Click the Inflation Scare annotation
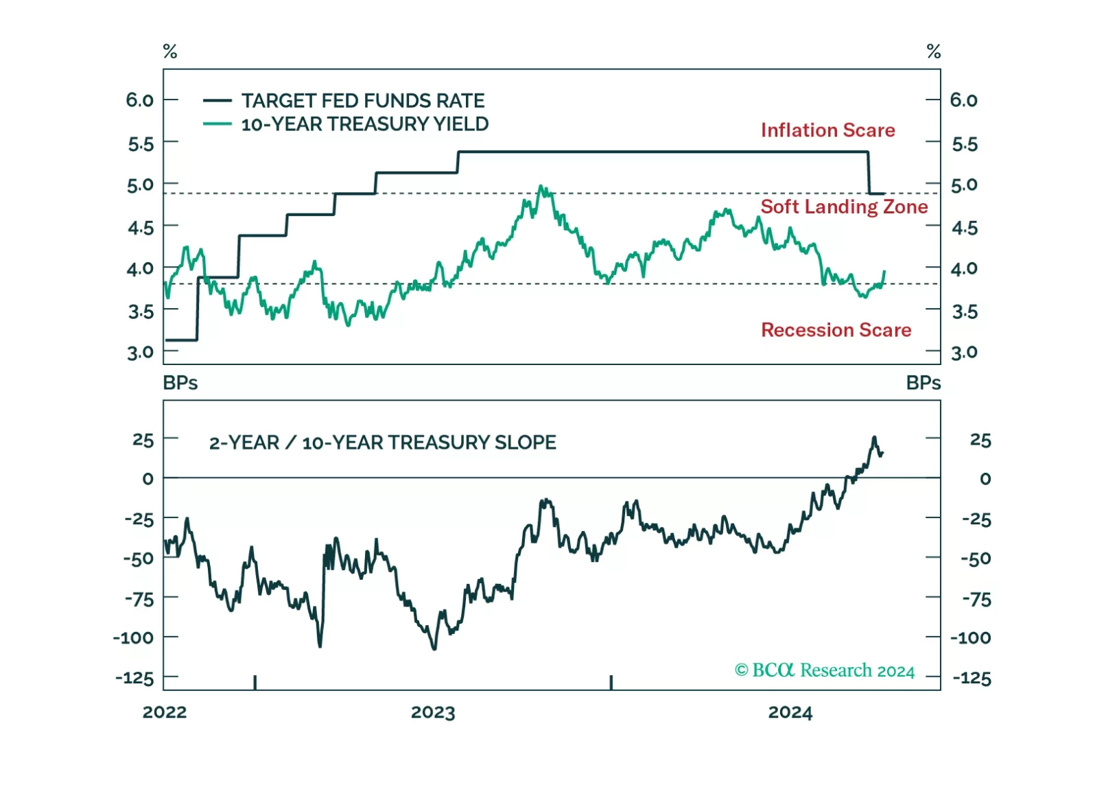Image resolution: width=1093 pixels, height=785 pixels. pos(827,130)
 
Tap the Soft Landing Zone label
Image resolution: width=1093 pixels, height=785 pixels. pos(843,207)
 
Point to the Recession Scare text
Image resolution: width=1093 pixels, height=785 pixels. pos(836,330)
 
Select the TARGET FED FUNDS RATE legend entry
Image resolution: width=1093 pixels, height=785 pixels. pos(362,101)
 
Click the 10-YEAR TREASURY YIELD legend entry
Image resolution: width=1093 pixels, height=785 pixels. pos(364,124)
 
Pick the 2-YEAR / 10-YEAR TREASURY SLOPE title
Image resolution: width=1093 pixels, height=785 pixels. pos(382,443)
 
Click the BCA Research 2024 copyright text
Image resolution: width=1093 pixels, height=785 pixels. pos(824,670)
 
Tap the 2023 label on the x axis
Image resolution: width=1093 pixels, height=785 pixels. pos(432,712)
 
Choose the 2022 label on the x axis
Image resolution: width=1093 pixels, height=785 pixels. pos(164,712)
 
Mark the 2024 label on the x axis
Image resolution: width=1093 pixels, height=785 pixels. pos(790,712)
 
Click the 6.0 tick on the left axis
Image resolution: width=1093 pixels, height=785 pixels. pos(139,100)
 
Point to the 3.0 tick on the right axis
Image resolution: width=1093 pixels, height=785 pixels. pos(964,353)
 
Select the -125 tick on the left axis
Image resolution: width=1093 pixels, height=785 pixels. pos(134,678)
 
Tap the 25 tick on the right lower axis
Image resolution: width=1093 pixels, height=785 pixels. pos(980,440)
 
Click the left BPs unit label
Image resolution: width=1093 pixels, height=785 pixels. pos(180,383)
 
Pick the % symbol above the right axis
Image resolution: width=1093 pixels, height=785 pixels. pos(933,51)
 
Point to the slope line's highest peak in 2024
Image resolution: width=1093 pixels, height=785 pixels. pos(874,437)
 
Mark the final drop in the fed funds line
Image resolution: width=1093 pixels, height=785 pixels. pos(869,173)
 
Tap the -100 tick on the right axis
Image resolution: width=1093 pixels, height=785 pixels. pos(971,638)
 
